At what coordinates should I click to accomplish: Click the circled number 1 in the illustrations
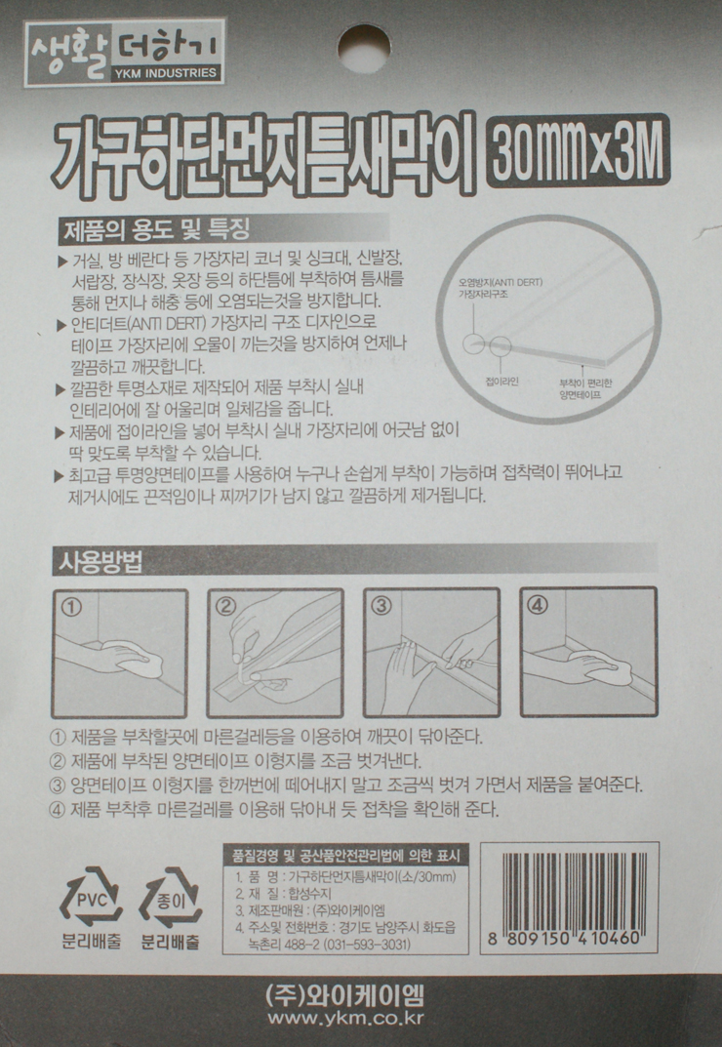tap(71, 606)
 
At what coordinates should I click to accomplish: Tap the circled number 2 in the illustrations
tap(226, 606)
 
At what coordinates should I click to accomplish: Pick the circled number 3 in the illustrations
tap(381, 606)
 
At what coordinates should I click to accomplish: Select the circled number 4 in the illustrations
tap(537, 605)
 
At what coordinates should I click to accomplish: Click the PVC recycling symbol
tap(92, 900)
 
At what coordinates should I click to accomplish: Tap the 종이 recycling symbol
tap(171, 900)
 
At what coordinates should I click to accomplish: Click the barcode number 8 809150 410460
tap(564, 938)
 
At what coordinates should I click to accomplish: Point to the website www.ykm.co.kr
tap(345, 1019)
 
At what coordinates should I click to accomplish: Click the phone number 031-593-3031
tap(368, 945)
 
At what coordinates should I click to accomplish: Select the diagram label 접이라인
tap(501, 382)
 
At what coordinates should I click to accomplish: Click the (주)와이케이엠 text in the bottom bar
tap(344, 995)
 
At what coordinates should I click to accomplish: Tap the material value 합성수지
tap(309, 894)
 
